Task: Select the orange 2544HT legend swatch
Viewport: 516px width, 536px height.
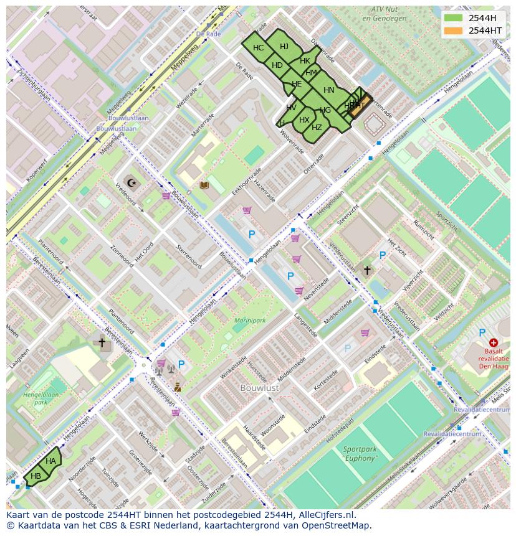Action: pos(453,31)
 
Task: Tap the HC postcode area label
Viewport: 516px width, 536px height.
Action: pos(258,48)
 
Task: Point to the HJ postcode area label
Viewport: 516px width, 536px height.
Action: pos(284,47)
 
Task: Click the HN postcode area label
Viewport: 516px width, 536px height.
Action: pos(329,90)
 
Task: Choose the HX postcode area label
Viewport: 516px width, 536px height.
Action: pos(304,120)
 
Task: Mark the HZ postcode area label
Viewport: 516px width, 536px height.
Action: pos(317,128)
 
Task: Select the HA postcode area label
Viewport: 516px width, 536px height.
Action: pos(50,461)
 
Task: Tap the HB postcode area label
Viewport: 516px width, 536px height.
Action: pos(36,476)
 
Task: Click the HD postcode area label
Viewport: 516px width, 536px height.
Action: pos(277,65)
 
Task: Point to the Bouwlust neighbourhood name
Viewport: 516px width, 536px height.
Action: pos(260,388)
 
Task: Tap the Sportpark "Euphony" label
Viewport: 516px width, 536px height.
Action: pos(360,453)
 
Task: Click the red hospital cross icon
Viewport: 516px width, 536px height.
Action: pos(494,342)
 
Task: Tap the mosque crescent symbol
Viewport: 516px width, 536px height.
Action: pos(131,182)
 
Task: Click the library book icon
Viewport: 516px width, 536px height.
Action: pos(204,185)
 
